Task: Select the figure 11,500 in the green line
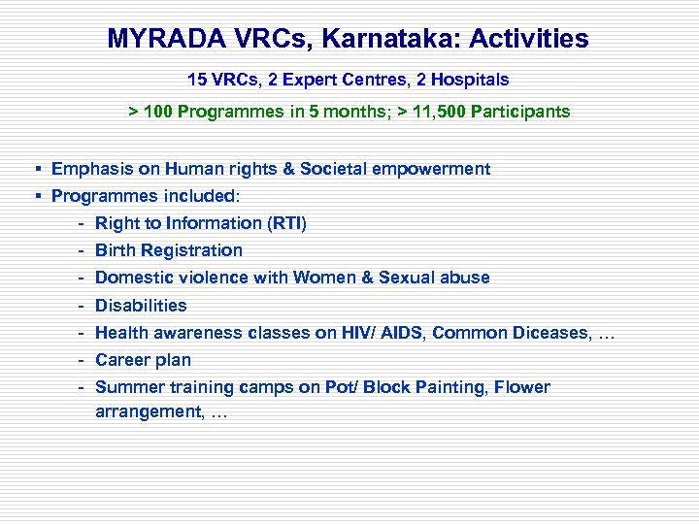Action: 436,112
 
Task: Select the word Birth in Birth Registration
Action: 116,250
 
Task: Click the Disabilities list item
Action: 141,306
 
